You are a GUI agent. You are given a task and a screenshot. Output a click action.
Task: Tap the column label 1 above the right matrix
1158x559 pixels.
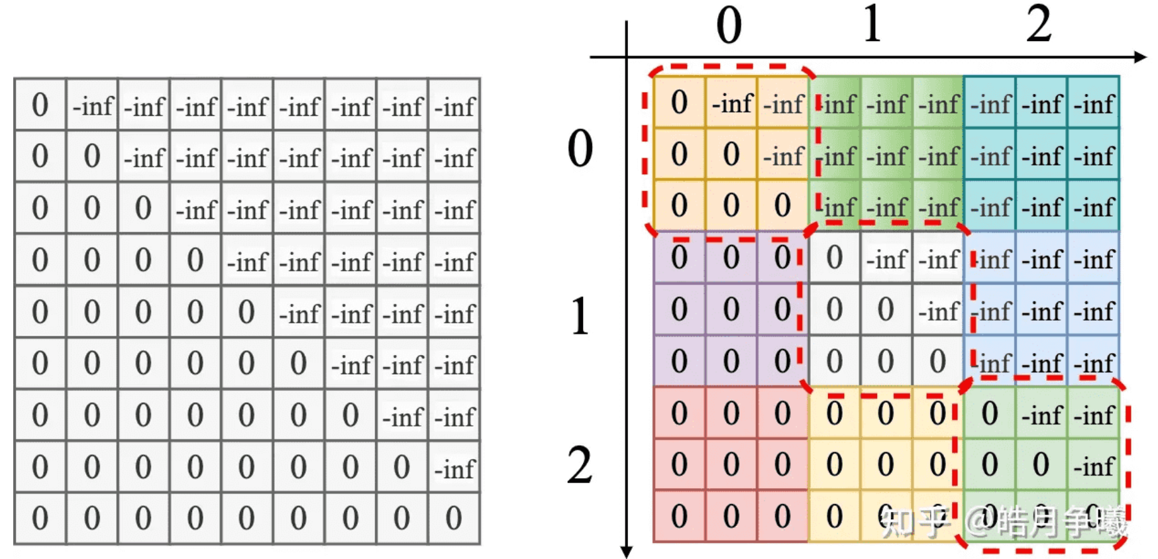pyautogui.click(x=872, y=25)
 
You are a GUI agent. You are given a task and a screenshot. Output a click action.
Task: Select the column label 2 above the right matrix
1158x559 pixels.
pyautogui.click(x=1039, y=25)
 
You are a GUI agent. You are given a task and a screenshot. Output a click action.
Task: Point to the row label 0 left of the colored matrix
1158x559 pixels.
pyautogui.click(x=580, y=148)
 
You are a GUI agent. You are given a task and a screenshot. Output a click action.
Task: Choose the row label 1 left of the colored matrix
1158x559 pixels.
pyautogui.click(x=580, y=316)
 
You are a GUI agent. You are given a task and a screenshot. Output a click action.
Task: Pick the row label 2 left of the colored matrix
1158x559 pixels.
pyautogui.click(x=580, y=465)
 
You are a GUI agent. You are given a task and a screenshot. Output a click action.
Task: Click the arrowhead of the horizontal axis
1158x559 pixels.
pyautogui.click(x=1141, y=57)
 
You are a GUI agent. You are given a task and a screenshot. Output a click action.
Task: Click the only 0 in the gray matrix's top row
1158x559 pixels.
pyautogui.click(x=40, y=105)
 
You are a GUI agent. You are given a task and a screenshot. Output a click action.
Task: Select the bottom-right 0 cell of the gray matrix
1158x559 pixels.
pyautogui.click(x=454, y=519)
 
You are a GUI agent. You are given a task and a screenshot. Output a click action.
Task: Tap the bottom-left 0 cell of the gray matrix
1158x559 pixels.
pyautogui.click(x=40, y=519)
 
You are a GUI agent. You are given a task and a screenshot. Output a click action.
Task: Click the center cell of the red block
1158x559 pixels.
pyautogui.click(x=731, y=465)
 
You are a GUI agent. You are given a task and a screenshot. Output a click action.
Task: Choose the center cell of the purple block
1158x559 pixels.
pyautogui.click(x=731, y=309)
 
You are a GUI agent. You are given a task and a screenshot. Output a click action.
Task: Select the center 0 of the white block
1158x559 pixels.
pyautogui.click(x=886, y=309)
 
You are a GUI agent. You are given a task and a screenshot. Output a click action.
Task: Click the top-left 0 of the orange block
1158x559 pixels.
pyautogui.click(x=679, y=103)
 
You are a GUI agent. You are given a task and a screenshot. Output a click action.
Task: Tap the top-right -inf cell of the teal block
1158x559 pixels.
pyautogui.click(x=1094, y=104)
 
